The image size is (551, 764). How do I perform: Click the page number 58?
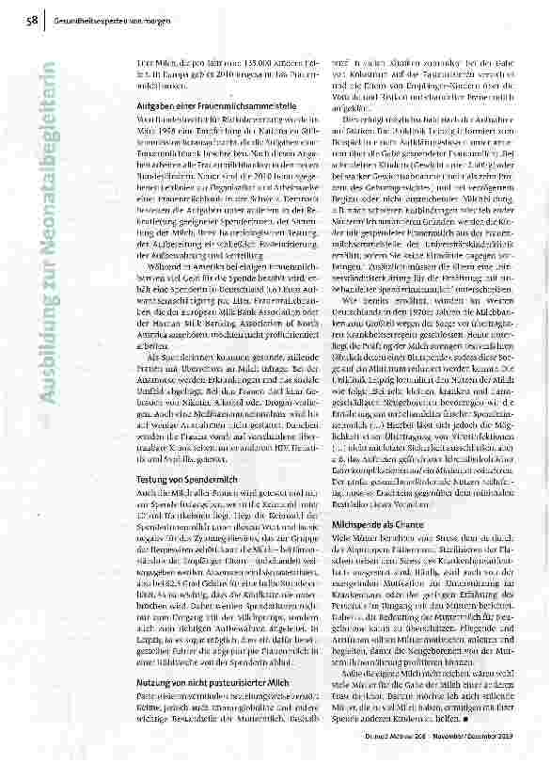pyautogui.click(x=34, y=19)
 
